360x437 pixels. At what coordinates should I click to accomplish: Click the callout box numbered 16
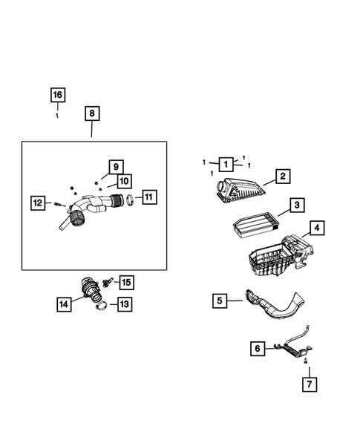coord(58,95)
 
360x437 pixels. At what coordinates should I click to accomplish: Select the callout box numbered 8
coord(91,114)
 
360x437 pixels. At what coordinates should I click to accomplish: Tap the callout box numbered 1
coord(225,163)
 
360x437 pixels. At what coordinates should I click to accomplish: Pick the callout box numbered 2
coord(282,177)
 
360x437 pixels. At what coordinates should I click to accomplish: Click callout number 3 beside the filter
coord(295,205)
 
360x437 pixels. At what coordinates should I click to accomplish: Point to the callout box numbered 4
coord(315,229)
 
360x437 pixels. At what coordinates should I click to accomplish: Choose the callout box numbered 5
coord(220,300)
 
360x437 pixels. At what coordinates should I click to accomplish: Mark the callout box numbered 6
coord(258,347)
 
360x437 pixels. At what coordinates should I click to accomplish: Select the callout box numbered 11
coord(148,197)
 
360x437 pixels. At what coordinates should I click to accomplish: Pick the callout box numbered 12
coord(38,202)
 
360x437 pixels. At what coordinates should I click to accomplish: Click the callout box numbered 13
coord(123,303)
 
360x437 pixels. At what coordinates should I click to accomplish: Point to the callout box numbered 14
coord(65,303)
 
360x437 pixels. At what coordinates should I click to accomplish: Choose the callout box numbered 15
coord(126,282)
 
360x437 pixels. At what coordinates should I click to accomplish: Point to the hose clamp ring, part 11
coord(128,199)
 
